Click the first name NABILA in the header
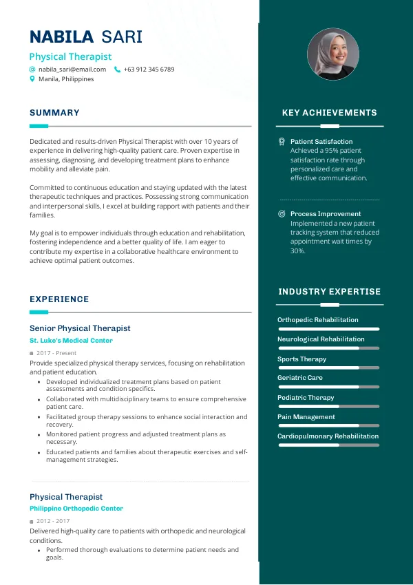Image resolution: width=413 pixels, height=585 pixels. [x=62, y=37]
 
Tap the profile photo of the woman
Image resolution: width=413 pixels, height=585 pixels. [x=332, y=54]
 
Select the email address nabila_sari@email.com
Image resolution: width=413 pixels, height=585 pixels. [x=72, y=70]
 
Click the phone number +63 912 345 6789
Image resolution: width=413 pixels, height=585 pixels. [x=149, y=70]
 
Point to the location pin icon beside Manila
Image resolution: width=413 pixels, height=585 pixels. [x=32, y=79]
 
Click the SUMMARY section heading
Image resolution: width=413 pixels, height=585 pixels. [x=54, y=113]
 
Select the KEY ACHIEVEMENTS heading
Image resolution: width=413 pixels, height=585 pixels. [x=330, y=113]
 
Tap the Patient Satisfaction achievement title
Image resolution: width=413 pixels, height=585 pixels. [x=321, y=142]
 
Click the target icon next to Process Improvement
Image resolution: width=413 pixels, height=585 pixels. [x=282, y=214]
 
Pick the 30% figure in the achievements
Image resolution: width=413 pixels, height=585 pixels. [x=297, y=251]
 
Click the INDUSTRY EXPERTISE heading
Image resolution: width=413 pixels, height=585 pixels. [x=330, y=292]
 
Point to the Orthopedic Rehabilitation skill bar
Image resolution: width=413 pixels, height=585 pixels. [x=328, y=329]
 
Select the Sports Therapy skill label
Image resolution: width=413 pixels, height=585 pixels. [x=301, y=359]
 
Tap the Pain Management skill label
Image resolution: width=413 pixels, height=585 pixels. [x=306, y=417]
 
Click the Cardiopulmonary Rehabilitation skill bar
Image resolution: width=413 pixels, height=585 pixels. [x=328, y=445]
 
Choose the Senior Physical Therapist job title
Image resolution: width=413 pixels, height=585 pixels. [x=80, y=328]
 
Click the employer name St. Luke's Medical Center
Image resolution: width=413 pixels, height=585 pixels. [x=71, y=341]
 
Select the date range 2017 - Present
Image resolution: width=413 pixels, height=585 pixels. [x=56, y=353]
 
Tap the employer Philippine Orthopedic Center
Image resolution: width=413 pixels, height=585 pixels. [x=76, y=509]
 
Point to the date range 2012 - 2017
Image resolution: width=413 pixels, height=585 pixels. [x=53, y=521]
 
